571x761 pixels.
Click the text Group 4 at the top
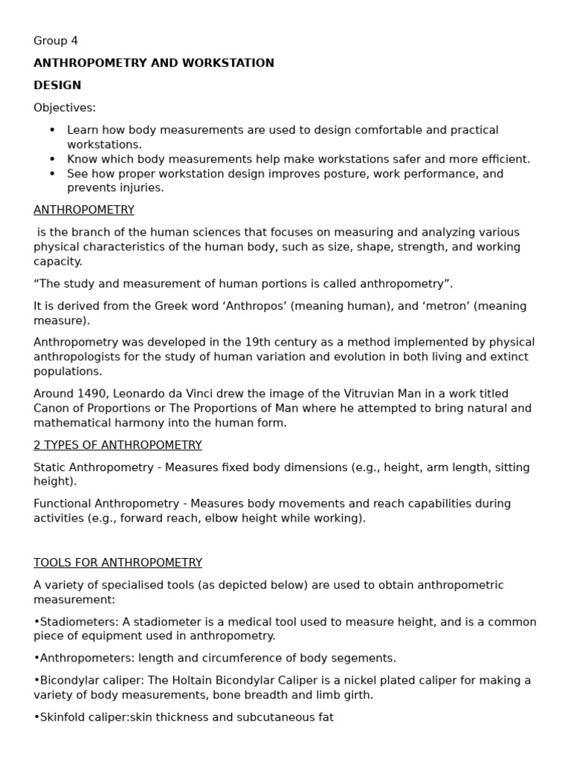[x=56, y=41]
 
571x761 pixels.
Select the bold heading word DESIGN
[x=57, y=85]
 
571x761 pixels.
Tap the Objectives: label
[x=65, y=108]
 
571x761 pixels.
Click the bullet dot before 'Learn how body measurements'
[x=53, y=130]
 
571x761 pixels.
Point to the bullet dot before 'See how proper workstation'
[x=53, y=174]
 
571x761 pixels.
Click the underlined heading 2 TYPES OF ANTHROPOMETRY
[x=117, y=445]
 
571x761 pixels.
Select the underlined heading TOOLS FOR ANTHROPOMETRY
[x=117, y=563]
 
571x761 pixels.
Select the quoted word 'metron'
[x=415, y=306]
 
